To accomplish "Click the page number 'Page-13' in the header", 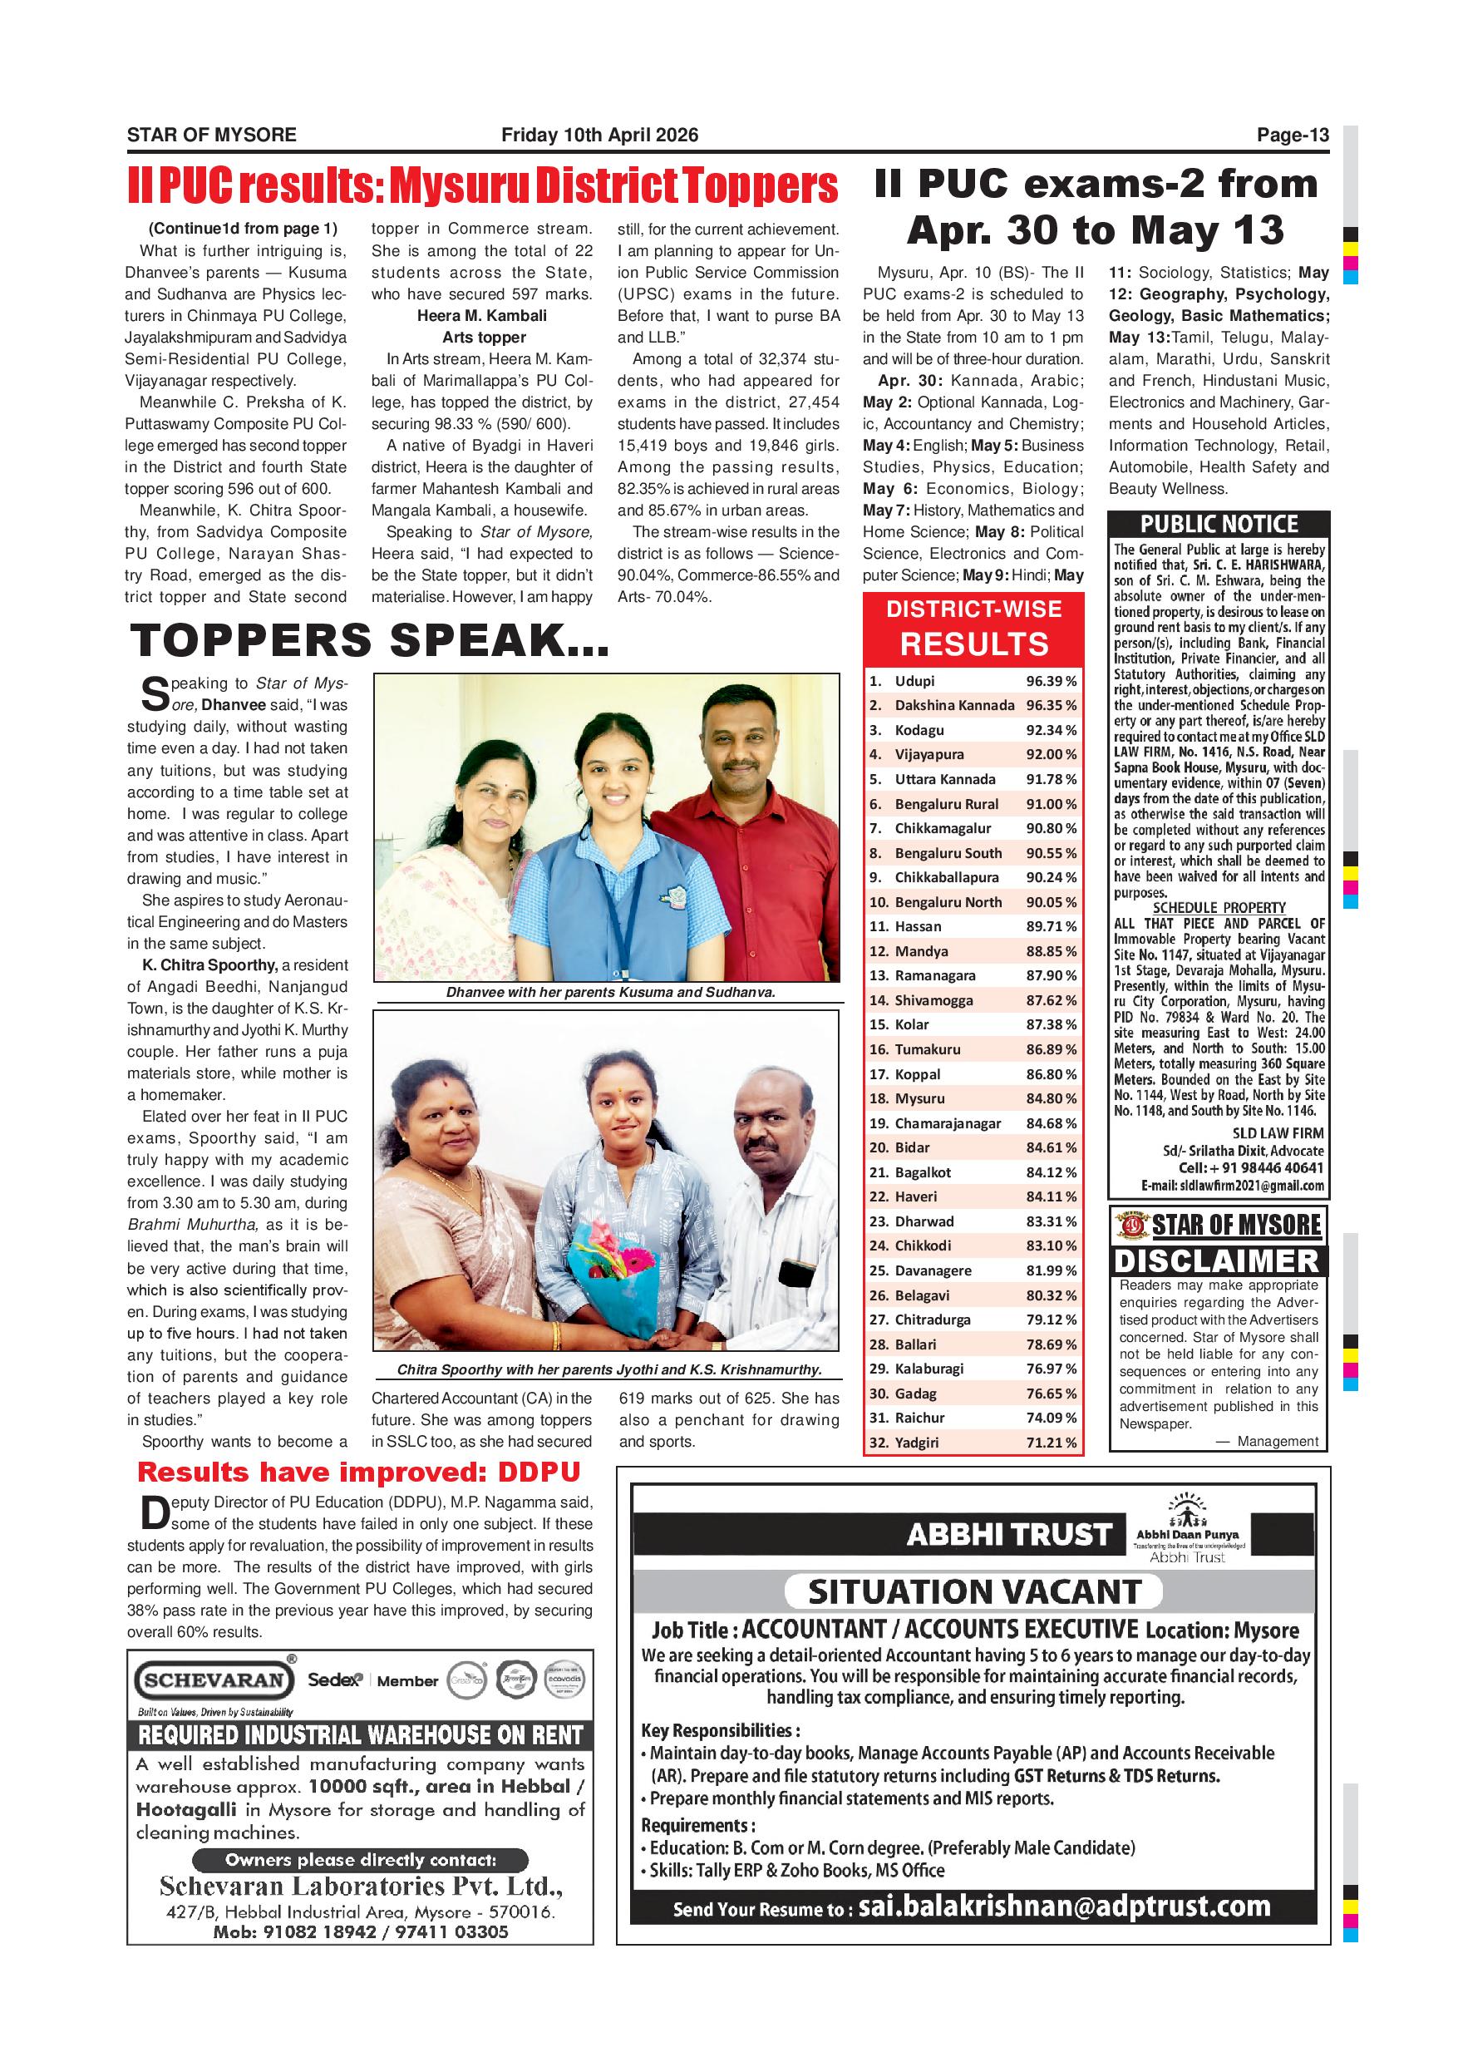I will click(x=1292, y=136).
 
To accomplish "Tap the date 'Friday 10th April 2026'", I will click(x=598, y=136).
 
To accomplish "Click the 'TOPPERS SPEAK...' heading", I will click(x=369, y=641).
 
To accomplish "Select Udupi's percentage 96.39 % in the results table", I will click(x=1051, y=682).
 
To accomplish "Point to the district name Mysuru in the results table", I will click(x=919, y=1098).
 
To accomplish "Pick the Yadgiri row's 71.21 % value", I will click(x=1051, y=1443).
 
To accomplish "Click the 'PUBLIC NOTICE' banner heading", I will click(x=1219, y=525).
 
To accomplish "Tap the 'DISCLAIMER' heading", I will click(x=1218, y=1261).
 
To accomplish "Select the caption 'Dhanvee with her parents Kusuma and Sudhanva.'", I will click(x=609, y=993).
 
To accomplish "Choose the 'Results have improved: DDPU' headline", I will click(x=358, y=1473).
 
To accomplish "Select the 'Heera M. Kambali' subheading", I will click(x=481, y=316).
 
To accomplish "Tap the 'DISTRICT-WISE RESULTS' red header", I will click(x=973, y=628).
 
